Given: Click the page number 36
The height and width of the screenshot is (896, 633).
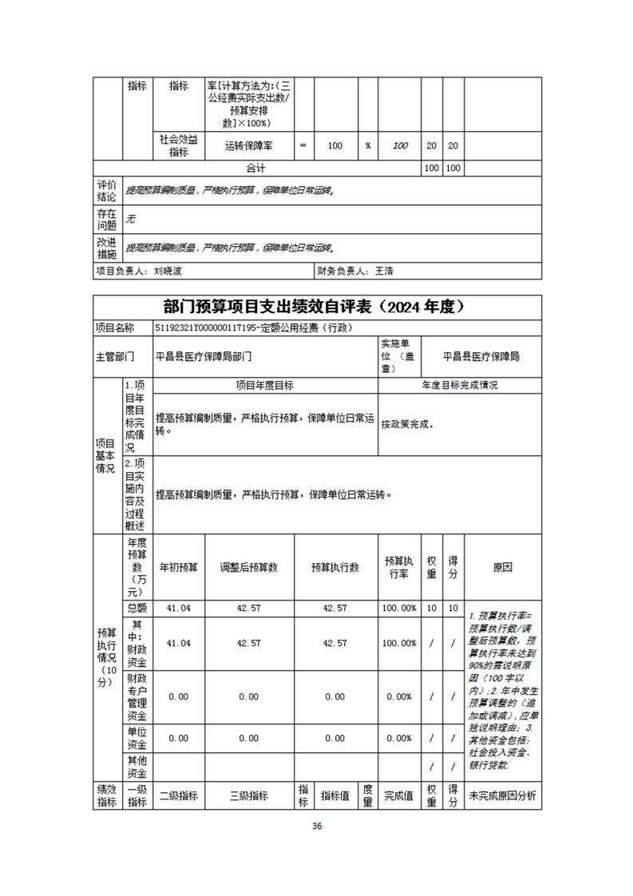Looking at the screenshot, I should [317, 826].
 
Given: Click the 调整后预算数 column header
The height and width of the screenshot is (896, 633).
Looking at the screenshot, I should [249, 567].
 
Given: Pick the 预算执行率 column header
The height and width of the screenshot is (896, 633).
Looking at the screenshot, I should [399, 567].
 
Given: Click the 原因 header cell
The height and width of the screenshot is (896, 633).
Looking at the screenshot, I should [503, 567].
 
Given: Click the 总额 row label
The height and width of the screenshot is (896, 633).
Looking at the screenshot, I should [136, 608].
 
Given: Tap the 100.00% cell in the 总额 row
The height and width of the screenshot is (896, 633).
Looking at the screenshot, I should [399, 608].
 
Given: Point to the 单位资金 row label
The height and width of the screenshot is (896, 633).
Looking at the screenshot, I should [136, 738].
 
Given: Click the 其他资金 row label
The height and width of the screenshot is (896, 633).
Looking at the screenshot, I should [136, 767].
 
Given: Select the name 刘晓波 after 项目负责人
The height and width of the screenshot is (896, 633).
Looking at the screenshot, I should [168, 272].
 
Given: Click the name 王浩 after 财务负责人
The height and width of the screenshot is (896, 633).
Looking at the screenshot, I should [384, 272].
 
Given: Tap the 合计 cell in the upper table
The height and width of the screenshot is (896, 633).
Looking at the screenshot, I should [255, 168].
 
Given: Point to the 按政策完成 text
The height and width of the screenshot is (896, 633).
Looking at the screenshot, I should [406, 424].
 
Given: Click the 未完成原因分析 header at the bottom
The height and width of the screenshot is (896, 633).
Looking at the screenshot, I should [503, 795].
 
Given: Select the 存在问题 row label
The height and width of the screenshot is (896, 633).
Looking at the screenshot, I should [106, 220].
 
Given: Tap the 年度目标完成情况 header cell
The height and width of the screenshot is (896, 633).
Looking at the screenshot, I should [460, 385].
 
